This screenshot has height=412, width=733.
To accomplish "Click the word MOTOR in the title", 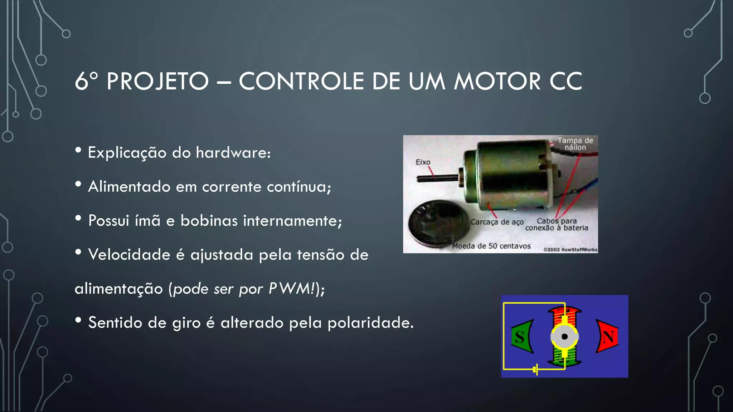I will (497, 81).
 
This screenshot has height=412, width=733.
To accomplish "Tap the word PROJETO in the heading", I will (157, 81).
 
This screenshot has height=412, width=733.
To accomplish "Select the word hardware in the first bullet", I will (233, 153).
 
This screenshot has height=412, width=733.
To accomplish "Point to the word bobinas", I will (209, 221).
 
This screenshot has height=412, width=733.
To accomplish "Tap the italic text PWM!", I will (292, 289).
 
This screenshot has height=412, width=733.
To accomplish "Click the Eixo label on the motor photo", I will (423, 162).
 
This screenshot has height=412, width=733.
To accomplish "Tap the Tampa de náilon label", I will (575, 144).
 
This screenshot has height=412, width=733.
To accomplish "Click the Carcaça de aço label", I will (497, 222).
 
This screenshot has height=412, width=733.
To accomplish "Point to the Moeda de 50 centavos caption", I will (491, 246).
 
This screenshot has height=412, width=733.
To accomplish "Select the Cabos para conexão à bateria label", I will (557, 225).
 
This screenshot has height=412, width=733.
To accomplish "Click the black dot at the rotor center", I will (564, 337).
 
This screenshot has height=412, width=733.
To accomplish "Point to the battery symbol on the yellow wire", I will (535, 369).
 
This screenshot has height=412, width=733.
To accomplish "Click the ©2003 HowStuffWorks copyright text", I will (570, 250).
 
